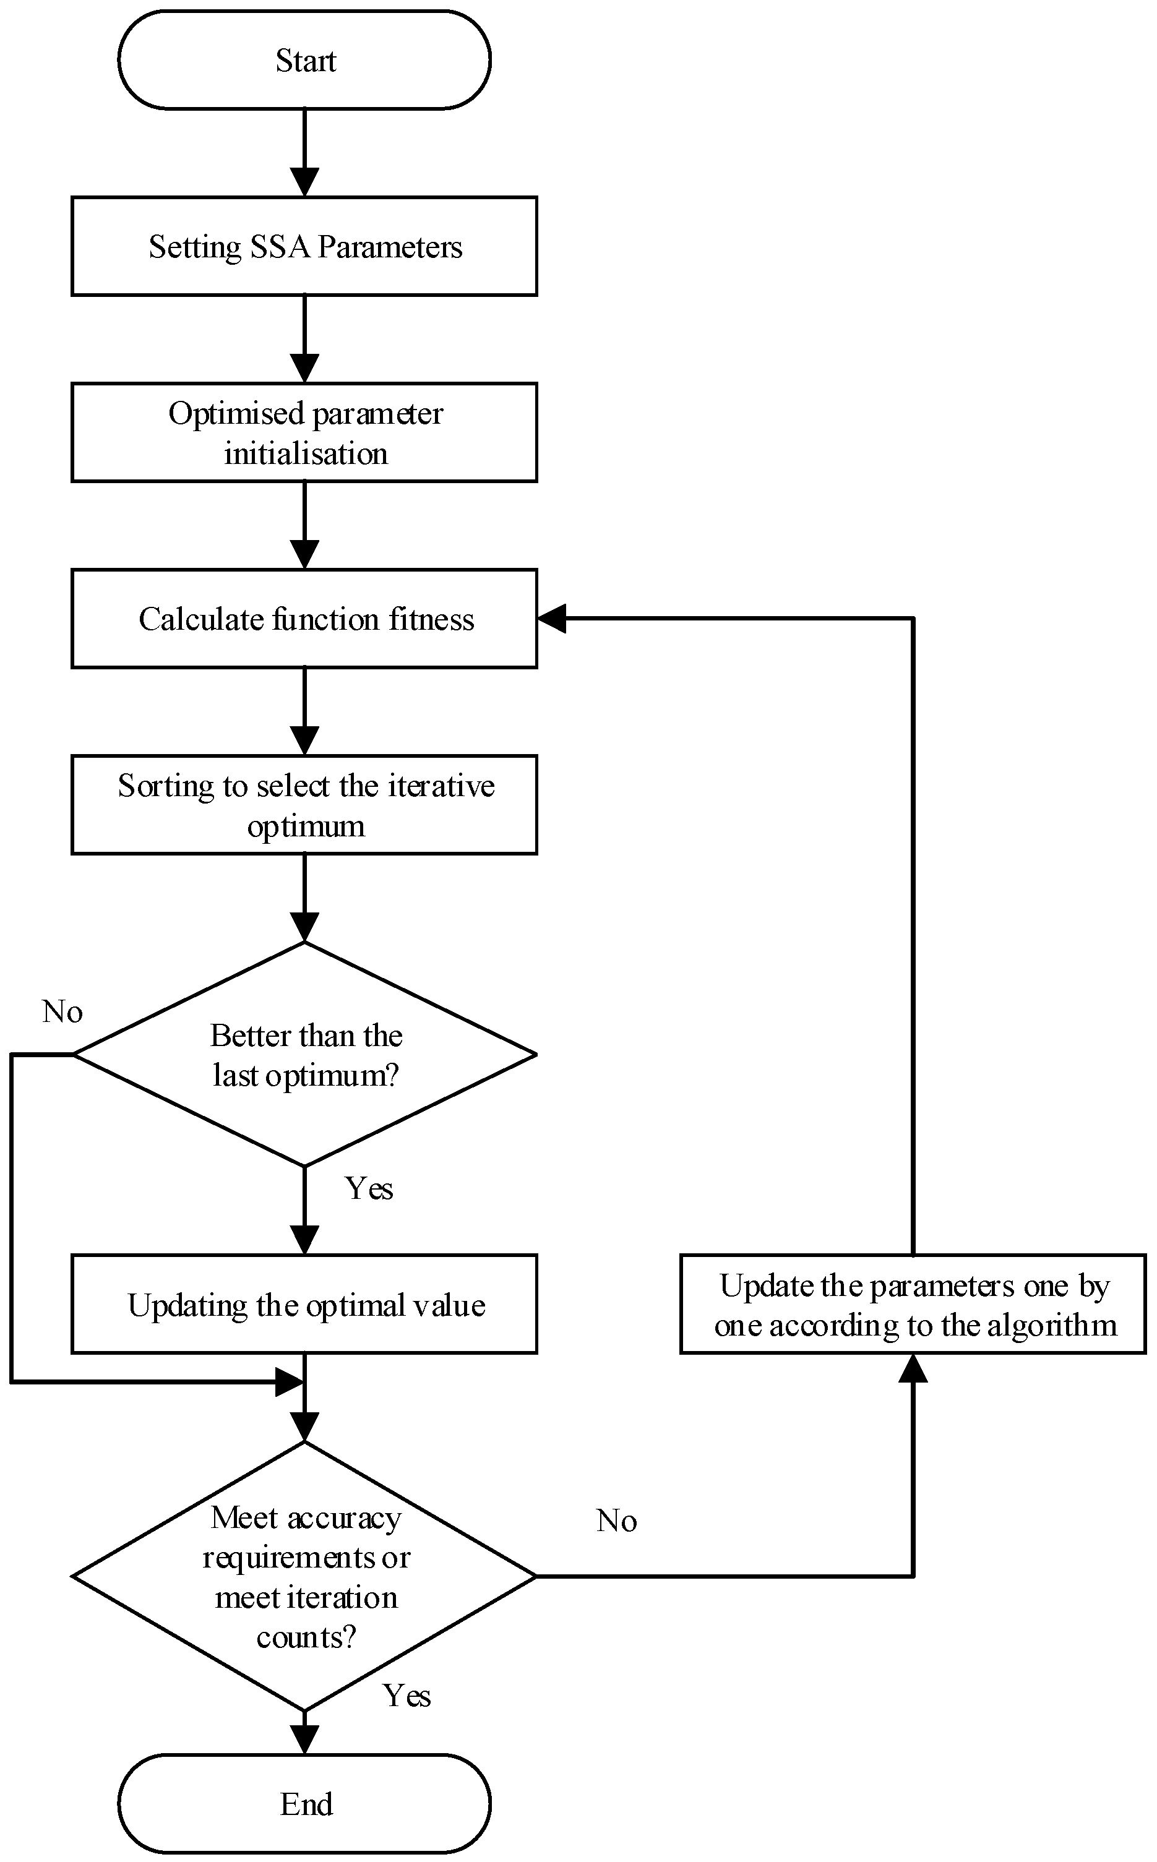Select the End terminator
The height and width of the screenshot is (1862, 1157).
click(x=304, y=1804)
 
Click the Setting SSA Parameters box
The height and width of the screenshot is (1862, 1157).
click(x=304, y=246)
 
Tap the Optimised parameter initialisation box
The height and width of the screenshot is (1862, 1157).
click(x=304, y=433)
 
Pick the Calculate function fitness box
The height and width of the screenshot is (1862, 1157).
click(x=304, y=619)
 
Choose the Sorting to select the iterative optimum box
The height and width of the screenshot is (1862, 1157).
click(x=304, y=805)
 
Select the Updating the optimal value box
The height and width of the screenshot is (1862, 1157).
click(x=304, y=1305)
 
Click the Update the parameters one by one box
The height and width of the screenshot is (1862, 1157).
click(x=913, y=1305)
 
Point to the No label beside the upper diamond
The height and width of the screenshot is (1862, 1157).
click(x=62, y=1012)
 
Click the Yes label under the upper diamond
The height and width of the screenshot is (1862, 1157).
click(x=369, y=1189)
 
